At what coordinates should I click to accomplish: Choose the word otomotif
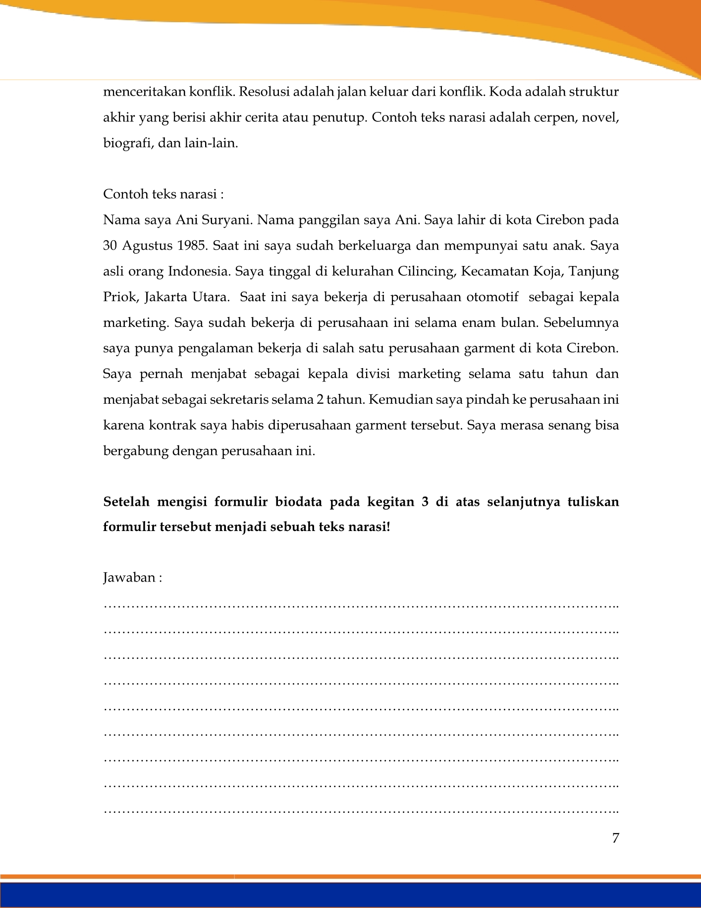pos(492,297)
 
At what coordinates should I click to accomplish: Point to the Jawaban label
pos(132,578)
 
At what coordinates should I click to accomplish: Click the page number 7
pos(615,838)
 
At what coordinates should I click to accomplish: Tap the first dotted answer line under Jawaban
pos(362,605)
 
